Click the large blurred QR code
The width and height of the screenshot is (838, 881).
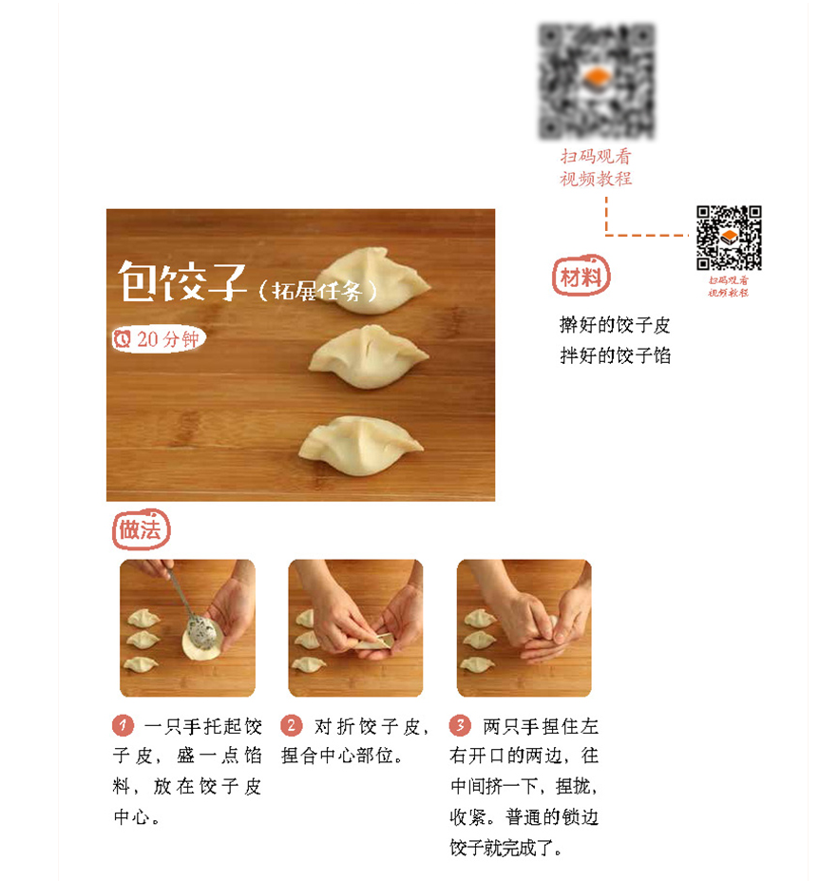tap(597, 82)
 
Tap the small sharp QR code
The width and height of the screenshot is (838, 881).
tap(729, 238)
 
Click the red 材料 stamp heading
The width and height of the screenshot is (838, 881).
tap(581, 276)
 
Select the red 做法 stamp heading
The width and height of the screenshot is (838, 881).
tap(141, 529)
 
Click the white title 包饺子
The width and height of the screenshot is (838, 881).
tap(182, 281)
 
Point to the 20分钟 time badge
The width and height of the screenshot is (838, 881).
tap(159, 338)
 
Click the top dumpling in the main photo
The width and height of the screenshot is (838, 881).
tap(376, 279)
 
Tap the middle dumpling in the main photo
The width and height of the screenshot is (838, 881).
tap(369, 356)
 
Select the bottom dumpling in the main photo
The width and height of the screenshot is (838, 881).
tap(361, 446)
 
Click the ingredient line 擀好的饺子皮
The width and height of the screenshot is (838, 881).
tap(615, 325)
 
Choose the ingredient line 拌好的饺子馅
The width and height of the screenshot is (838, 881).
tap(615, 355)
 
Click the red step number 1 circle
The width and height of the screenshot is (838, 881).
tap(123, 725)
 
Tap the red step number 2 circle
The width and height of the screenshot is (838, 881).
tap(292, 725)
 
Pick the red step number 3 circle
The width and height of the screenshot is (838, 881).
tap(460, 725)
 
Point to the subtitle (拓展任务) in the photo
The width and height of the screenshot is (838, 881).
tap(318, 291)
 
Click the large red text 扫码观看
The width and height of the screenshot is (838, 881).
tap(596, 156)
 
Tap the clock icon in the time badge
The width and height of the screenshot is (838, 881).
tap(123, 338)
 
